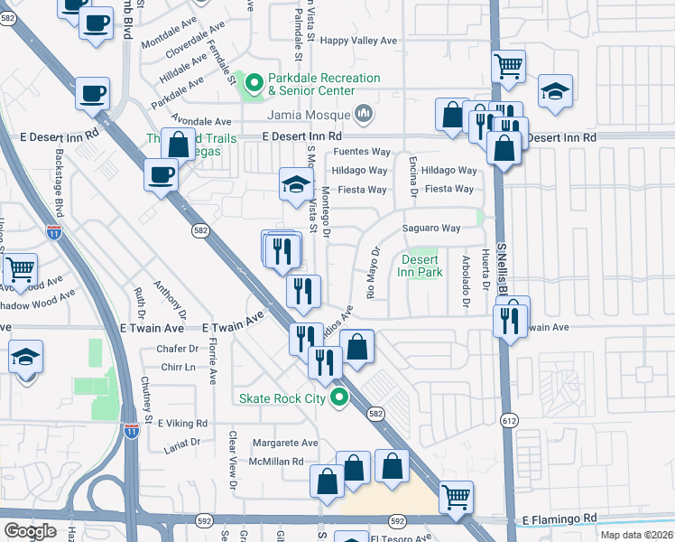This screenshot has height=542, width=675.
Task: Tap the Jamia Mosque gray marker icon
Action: click(365, 115)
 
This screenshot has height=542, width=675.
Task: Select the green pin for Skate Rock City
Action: click(340, 397)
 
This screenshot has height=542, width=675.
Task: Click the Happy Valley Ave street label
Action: click(359, 41)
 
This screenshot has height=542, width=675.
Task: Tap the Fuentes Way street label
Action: click(362, 152)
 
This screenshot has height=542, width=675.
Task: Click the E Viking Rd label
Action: click(182, 423)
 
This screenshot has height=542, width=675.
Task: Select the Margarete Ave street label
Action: click(285, 444)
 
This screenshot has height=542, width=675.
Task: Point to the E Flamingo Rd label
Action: click(559, 519)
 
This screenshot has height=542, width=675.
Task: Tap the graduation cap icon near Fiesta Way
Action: click(295, 185)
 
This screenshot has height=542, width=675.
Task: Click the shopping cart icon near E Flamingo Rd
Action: click(457, 496)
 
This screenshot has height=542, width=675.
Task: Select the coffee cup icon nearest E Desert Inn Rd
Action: click(162, 174)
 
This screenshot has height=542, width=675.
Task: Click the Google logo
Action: click(30, 531)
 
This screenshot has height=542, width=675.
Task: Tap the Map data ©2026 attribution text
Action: click(636, 535)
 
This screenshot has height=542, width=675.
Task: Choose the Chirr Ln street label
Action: click(178, 368)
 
